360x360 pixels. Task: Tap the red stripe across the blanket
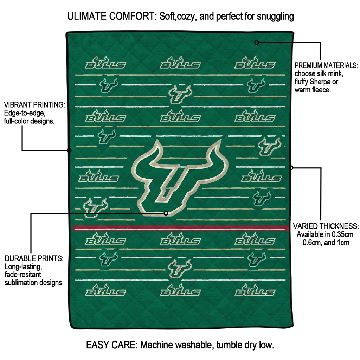(x=181, y=228)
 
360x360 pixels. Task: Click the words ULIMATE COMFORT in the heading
(x=111, y=16)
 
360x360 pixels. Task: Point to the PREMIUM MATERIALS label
(x=326, y=65)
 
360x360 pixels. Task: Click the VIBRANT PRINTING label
(x=34, y=105)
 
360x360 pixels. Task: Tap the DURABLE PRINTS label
(x=34, y=258)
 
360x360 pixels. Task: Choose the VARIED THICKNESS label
(x=326, y=226)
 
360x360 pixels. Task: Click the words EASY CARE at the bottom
(x=110, y=345)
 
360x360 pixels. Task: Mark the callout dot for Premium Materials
(x=257, y=43)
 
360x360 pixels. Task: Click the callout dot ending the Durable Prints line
(x=166, y=213)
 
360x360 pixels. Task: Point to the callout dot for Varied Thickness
(x=291, y=168)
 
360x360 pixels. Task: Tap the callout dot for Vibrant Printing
(x=69, y=150)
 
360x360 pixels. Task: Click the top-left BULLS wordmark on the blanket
(x=105, y=63)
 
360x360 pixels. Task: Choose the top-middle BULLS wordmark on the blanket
(x=180, y=63)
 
